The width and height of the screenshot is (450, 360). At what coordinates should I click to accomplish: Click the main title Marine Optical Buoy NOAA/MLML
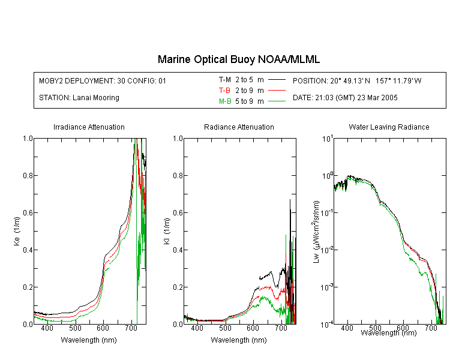pos(239,59)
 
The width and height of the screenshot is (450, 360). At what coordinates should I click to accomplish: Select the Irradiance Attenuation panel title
pos(89,127)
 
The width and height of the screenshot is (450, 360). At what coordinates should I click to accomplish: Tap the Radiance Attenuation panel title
pos(239,127)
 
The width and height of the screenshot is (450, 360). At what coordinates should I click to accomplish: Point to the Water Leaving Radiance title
pos(389,127)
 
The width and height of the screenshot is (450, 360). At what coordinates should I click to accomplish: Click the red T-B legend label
pos(225,91)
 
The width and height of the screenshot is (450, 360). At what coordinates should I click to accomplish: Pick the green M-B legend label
pos(225,101)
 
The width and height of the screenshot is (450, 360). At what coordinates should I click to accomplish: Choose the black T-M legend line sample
pos(277,80)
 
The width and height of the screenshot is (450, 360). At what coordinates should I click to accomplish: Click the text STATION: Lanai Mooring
pos(79,98)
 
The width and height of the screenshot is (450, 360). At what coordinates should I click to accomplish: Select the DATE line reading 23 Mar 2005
pos(345,98)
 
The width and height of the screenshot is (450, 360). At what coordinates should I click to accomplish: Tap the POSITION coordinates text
pos(357,80)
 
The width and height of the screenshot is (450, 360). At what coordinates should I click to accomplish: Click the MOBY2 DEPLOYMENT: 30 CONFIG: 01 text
pos(103,80)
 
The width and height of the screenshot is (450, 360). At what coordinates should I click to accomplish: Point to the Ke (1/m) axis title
pos(17,232)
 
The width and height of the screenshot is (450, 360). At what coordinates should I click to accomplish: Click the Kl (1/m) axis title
pos(167,232)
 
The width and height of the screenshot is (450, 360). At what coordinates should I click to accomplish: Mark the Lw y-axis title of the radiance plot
pos(316,232)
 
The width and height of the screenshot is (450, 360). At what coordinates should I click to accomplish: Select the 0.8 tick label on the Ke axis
pos(28,175)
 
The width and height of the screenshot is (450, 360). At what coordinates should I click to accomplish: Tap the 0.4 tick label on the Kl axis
pos(178,250)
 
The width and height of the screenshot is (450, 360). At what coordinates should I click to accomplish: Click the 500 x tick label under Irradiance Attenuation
pos(75,328)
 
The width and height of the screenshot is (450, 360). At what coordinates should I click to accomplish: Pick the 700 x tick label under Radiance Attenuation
pos(281,328)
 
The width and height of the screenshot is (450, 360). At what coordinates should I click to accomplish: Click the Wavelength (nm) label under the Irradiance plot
pos(89,340)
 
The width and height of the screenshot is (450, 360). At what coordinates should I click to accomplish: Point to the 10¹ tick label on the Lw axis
pos(327,139)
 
